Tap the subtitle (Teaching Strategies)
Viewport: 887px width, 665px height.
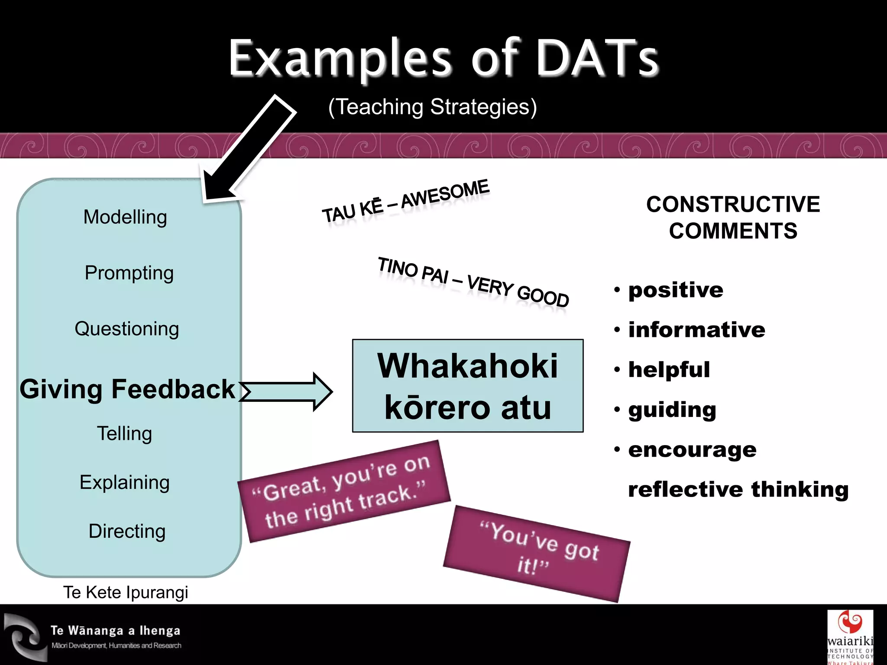pyautogui.click(x=432, y=107)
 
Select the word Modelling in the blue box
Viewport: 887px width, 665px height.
pyautogui.click(x=125, y=217)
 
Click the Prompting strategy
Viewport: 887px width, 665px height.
pyautogui.click(x=129, y=273)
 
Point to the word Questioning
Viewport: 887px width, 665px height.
pyautogui.click(x=126, y=329)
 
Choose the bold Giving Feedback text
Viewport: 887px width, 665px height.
pyautogui.click(x=127, y=389)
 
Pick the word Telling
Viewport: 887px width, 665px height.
pyautogui.click(x=124, y=433)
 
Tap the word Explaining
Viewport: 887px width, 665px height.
pyautogui.click(x=124, y=482)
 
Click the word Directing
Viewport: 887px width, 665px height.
pyautogui.click(x=127, y=531)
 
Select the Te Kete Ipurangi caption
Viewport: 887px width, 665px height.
pyautogui.click(x=126, y=592)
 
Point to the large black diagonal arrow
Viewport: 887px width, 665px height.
pyautogui.click(x=249, y=149)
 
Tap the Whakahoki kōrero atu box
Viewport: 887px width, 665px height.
pyautogui.click(x=468, y=386)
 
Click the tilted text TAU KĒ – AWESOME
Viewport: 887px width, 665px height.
pyautogui.click(x=405, y=201)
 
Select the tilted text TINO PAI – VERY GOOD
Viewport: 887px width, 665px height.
pyautogui.click(x=473, y=282)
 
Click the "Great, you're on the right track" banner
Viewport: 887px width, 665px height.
pyautogui.click(x=344, y=491)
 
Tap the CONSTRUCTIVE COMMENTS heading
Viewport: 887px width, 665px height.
pyautogui.click(x=733, y=217)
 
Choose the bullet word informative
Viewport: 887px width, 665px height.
pyautogui.click(x=696, y=330)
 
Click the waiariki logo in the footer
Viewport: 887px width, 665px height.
pyautogui.click(x=850, y=636)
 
